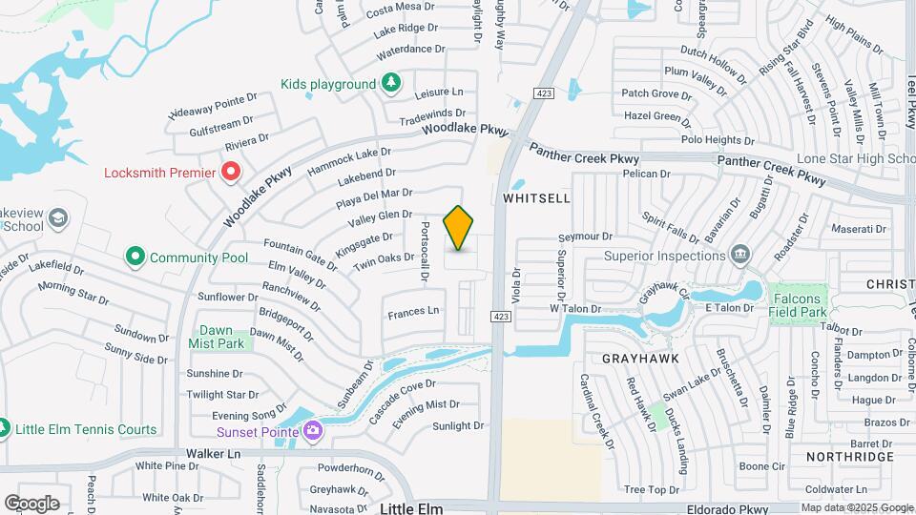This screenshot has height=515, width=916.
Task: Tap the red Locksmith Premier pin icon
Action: pyautogui.click(x=231, y=173)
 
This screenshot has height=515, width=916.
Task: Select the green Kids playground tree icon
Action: pyautogui.click(x=390, y=84)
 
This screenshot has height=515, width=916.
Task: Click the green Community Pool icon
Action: pyautogui.click(x=135, y=257)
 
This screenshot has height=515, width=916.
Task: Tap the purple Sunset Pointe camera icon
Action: pyautogui.click(x=312, y=431)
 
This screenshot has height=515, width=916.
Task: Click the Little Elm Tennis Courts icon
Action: pyautogui.click(x=4, y=429)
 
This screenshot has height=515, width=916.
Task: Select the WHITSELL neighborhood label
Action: pyautogui.click(x=535, y=198)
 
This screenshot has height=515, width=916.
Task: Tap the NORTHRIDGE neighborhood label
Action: pyautogui.click(x=849, y=457)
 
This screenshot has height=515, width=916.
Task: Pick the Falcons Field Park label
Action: pyautogui.click(x=798, y=304)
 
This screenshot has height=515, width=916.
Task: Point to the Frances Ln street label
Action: pyautogui.click(x=413, y=311)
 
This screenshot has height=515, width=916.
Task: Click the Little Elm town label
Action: pyautogui.click(x=412, y=508)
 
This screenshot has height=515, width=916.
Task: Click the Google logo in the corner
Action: pyautogui.click(x=31, y=503)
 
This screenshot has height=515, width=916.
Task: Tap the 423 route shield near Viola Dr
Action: pyautogui.click(x=500, y=317)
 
